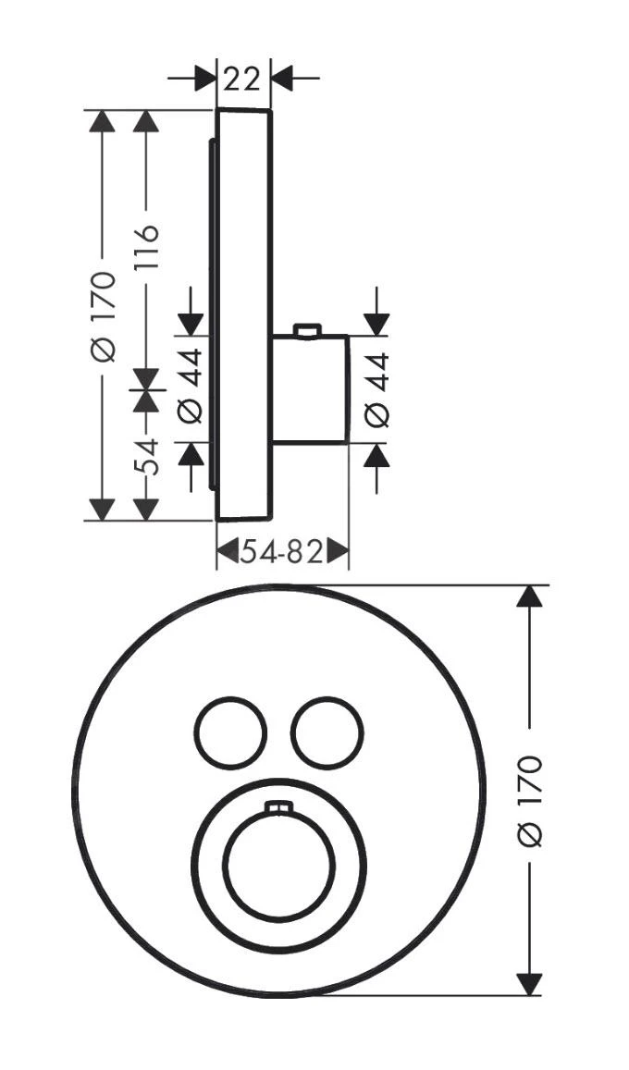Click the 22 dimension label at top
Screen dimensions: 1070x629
pyautogui.click(x=242, y=79)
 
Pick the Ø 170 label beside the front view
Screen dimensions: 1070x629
pyautogui.click(x=529, y=799)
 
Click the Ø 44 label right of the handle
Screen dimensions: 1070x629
pyautogui.click(x=376, y=389)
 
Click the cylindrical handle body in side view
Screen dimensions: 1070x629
pyautogui.click(x=310, y=389)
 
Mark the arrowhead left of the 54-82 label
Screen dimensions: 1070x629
pyautogui.click(x=228, y=553)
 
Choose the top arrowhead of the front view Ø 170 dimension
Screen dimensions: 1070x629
pyautogui.click(x=528, y=596)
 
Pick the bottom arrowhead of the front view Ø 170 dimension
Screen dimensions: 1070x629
pyautogui.click(x=528, y=983)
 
